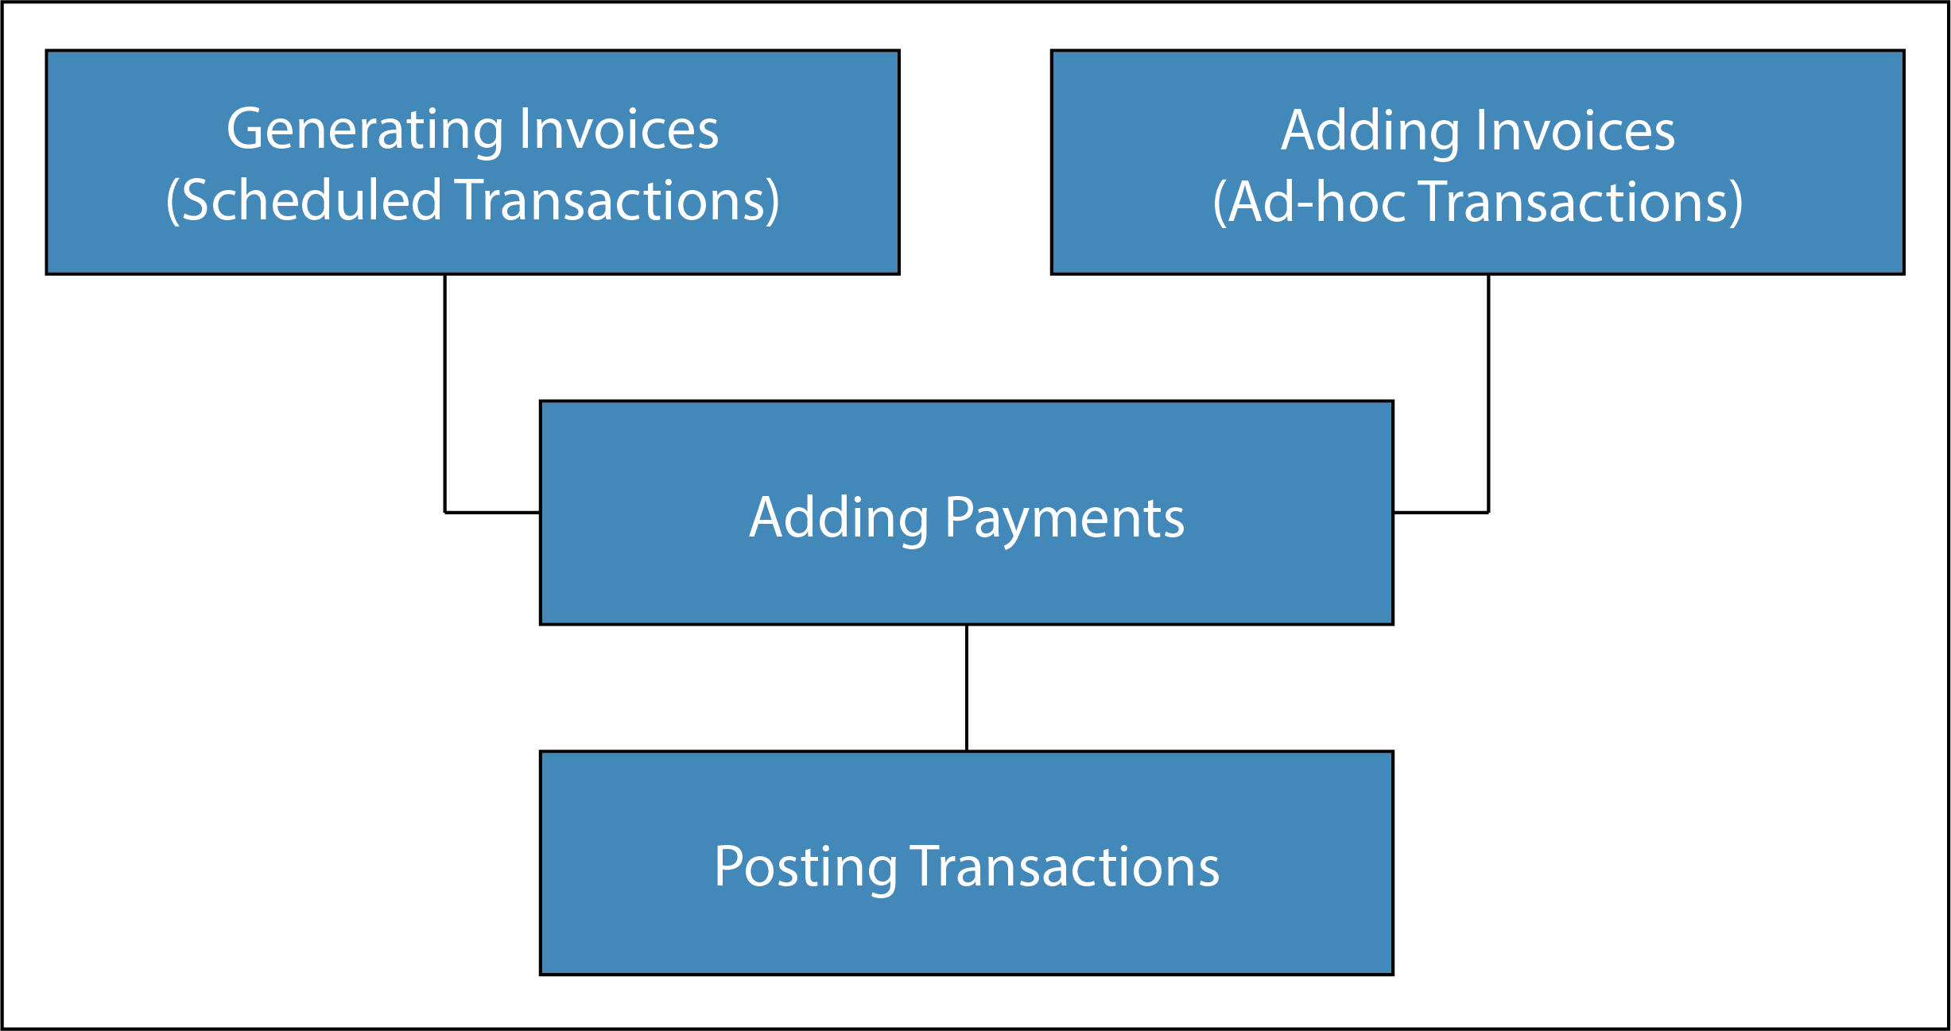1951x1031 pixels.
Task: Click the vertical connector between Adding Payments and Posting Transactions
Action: pos(967,688)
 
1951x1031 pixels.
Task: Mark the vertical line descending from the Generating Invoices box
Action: pos(444,393)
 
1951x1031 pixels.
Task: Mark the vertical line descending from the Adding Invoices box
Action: pos(1488,393)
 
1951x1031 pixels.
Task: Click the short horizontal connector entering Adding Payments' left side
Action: pos(492,513)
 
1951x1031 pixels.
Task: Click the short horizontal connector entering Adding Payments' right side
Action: pos(1441,513)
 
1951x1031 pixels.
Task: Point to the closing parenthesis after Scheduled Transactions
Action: pos(772,201)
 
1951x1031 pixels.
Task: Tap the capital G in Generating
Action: pos(246,129)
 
